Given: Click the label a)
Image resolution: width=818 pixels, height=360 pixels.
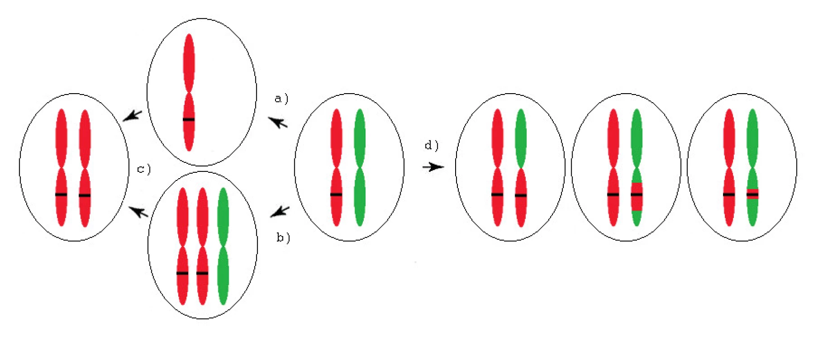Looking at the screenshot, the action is pos(281,99).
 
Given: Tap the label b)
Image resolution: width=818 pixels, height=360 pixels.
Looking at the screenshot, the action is pos(283,238).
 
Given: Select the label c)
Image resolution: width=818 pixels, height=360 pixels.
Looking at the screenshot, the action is pos(144,169).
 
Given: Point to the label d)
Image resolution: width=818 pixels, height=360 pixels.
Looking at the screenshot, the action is pos(431,145).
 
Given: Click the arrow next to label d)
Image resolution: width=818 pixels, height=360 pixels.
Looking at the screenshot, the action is pos(433,167).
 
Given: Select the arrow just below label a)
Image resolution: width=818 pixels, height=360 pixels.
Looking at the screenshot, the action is pos(278,122).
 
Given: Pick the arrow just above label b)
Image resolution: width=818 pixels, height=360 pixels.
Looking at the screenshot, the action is pos(280,211).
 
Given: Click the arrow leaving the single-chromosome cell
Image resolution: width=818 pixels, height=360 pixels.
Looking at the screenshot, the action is pos(132,116).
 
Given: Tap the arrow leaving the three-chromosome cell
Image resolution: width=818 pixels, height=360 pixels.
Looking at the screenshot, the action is pos(138,211).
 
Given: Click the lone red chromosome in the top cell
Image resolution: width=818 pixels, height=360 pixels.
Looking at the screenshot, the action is pos(189,92).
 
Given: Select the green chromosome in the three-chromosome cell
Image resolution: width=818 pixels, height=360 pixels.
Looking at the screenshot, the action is pos(223,246).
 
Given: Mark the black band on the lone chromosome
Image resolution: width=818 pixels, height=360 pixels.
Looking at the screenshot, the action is pos(189,120).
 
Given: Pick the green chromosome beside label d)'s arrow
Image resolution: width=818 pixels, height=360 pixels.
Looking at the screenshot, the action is pos(360,167).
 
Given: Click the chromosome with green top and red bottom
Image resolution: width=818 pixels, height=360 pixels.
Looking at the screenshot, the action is pos(520,167).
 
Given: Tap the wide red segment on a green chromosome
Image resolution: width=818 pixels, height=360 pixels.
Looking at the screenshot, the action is pos(637,197).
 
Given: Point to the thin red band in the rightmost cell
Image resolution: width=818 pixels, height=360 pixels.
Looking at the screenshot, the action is pos(752,194).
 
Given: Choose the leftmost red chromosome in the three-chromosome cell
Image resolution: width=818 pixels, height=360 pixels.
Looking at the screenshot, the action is pos(182,246).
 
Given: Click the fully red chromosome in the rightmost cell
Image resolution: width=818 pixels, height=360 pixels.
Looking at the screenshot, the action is pos(729,167).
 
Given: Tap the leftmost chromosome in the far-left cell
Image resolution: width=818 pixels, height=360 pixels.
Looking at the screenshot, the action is pos(61,167).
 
